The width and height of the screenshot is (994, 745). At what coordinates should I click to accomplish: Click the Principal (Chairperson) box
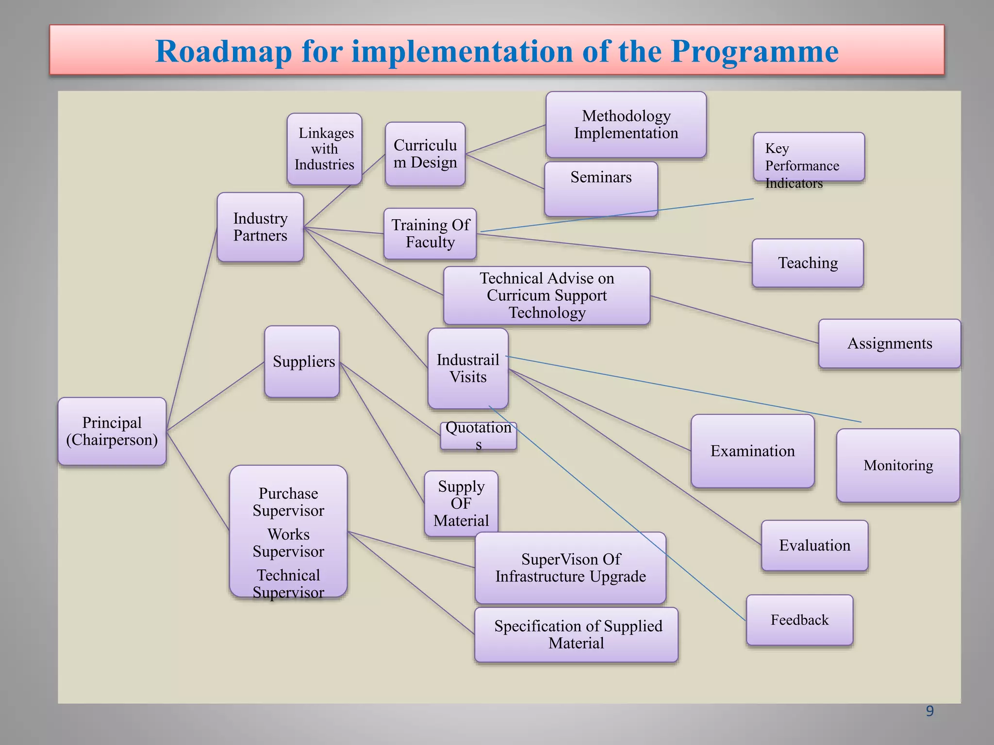click(x=112, y=431)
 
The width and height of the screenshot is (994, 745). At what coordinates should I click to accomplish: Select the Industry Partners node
click(x=260, y=227)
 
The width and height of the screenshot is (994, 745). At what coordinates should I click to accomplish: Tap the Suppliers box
click(x=302, y=362)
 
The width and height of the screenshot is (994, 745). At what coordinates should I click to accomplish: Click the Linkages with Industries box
click(x=324, y=149)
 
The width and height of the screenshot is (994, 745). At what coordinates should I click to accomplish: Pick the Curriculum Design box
click(x=425, y=154)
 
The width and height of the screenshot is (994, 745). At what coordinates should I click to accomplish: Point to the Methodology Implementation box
click(x=626, y=125)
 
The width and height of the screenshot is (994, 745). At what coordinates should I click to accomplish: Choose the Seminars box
click(x=601, y=189)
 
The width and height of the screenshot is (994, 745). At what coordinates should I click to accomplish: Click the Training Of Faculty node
click(x=430, y=234)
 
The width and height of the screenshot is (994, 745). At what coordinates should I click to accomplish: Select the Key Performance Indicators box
click(x=809, y=157)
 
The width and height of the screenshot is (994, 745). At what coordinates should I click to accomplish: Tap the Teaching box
click(x=808, y=263)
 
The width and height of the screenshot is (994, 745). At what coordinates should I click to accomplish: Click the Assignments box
click(x=889, y=343)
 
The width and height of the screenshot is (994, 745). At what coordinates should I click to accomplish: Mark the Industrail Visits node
click(x=468, y=369)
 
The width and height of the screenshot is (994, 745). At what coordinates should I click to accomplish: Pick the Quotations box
click(x=479, y=436)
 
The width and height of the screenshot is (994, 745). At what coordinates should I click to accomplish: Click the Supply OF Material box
click(x=461, y=503)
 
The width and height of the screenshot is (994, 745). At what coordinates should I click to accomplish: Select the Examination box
click(x=752, y=451)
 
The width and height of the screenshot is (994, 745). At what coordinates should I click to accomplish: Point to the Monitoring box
click(x=898, y=466)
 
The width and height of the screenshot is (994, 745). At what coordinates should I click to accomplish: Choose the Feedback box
click(x=799, y=620)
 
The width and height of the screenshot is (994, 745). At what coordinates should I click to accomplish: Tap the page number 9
click(x=929, y=711)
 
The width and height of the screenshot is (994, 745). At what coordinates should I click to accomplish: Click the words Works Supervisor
click(x=288, y=543)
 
